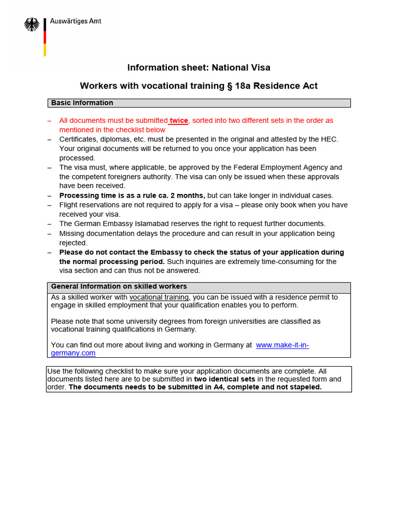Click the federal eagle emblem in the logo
point(32,24)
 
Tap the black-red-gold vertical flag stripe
point(45,37)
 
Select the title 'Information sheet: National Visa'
point(199,67)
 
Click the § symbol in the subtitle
point(229,86)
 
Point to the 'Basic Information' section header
point(82,103)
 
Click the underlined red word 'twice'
point(179,120)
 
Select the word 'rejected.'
point(74,243)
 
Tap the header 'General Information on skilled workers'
point(119,287)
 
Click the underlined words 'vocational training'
point(159,297)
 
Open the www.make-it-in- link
point(282,345)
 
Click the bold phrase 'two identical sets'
point(224,379)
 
